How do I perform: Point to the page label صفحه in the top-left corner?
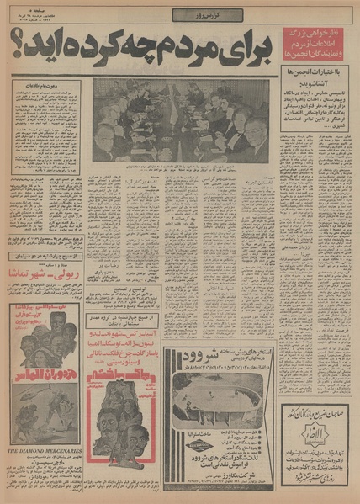pos(26,9)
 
